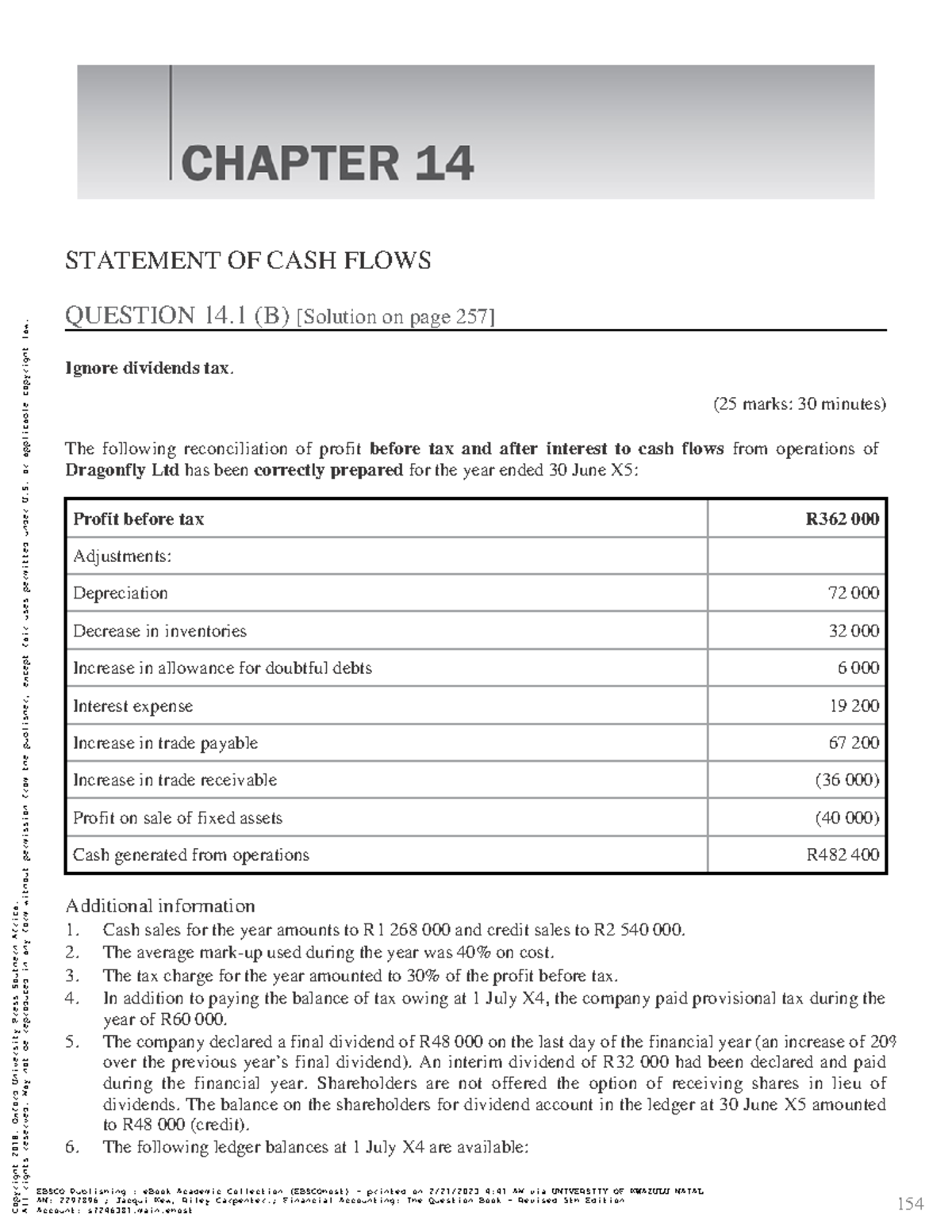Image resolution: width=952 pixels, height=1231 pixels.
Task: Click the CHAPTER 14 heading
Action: click(x=327, y=163)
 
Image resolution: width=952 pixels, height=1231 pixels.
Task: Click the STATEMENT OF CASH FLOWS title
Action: click(x=248, y=261)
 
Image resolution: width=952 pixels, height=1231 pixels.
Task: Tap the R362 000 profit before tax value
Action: click(x=842, y=519)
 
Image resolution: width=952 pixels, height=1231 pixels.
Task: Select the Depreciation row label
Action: click(x=121, y=594)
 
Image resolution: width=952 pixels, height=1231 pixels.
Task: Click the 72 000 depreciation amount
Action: click(x=853, y=594)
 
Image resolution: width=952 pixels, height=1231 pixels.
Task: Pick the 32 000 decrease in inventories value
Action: click(x=853, y=631)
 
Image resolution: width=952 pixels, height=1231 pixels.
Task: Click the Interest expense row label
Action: click(x=132, y=706)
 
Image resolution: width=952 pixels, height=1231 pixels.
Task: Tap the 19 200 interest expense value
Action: click(x=854, y=706)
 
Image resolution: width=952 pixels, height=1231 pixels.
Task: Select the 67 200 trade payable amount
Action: click(x=854, y=744)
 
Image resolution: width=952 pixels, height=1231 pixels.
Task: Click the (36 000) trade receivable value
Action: click(x=846, y=780)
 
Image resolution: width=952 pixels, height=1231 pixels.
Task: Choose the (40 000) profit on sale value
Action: click(x=846, y=818)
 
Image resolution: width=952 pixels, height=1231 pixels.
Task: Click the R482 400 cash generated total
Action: click(x=843, y=855)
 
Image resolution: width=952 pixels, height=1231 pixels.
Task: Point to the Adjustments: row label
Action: click(x=121, y=556)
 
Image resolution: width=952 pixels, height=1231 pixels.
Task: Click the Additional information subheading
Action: click(x=159, y=906)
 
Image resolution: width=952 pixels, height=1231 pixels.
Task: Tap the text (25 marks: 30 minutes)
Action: click(x=799, y=404)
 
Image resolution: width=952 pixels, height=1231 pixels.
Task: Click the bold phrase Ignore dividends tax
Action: click(x=149, y=369)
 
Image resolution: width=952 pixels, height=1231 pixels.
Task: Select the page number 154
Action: click(x=910, y=1204)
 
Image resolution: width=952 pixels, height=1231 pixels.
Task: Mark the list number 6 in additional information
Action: click(x=72, y=1147)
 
